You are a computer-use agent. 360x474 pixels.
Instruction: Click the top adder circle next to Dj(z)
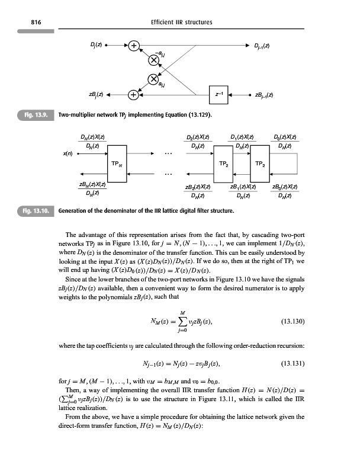134,45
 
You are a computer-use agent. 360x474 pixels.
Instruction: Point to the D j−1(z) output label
263,45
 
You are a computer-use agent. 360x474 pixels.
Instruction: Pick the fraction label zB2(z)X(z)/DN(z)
197,190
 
